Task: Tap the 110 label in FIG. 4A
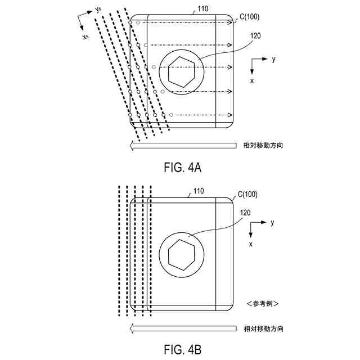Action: [201, 10]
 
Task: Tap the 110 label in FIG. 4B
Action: [197, 192]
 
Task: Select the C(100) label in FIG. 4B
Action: [247, 195]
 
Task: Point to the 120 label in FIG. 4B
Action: [245, 214]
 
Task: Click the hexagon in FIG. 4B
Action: [179, 254]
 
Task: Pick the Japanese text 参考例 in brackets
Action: [263, 304]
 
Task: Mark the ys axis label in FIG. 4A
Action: [98, 9]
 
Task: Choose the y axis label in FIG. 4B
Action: [272, 223]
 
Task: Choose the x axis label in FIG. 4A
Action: [252, 81]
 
